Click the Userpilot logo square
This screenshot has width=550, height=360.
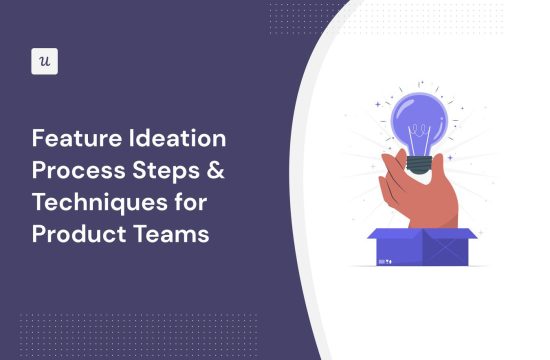click(45, 60)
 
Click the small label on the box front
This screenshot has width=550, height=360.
click(386, 257)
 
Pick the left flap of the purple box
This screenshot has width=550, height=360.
click(386, 236)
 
